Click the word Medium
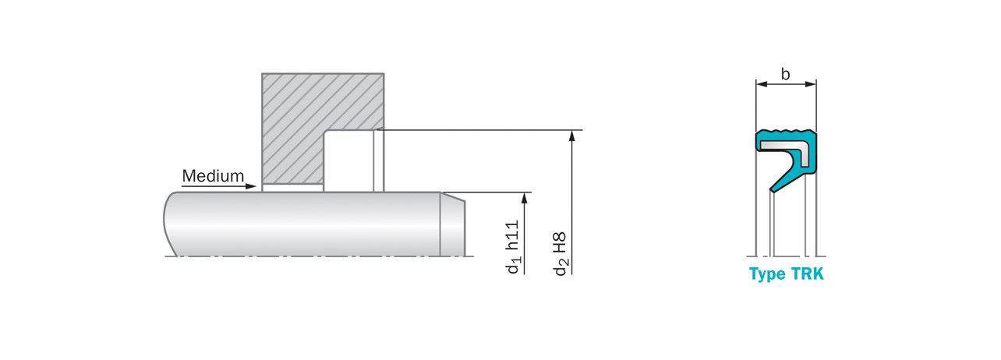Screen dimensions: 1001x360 click(213, 176)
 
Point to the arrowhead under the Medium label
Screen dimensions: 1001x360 click(251, 186)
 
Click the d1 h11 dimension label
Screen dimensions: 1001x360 click(513, 246)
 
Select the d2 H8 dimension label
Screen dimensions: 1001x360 click(561, 254)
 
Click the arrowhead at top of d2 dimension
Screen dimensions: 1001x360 click(572, 136)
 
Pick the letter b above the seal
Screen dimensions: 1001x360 click(785, 74)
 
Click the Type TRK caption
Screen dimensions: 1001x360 click(786, 274)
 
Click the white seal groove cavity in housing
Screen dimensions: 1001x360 click(348, 161)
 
